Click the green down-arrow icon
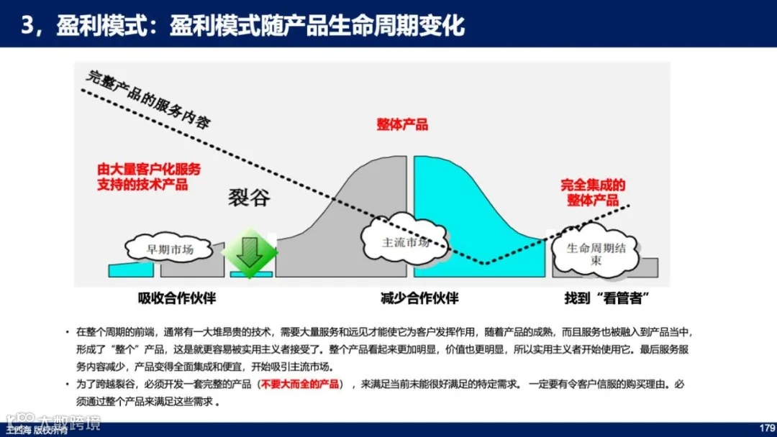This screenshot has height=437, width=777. (x=250, y=253)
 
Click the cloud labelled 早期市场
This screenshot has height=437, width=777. (x=171, y=249)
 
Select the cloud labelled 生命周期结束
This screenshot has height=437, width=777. (x=595, y=254)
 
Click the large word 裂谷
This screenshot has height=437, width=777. (x=250, y=197)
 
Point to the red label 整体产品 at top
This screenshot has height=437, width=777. (x=402, y=124)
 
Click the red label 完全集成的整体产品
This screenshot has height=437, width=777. (x=593, y=193)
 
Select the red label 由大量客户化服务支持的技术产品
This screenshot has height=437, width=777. (x=149, y=177)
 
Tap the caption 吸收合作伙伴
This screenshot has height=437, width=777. (x=177, y=298)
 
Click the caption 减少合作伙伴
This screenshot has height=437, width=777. (x=419, y=298)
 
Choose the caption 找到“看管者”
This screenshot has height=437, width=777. (x=602, y=298)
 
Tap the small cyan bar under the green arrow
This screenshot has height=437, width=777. (x=251, y=274)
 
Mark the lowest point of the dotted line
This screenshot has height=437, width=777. (x=485, y=263)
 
